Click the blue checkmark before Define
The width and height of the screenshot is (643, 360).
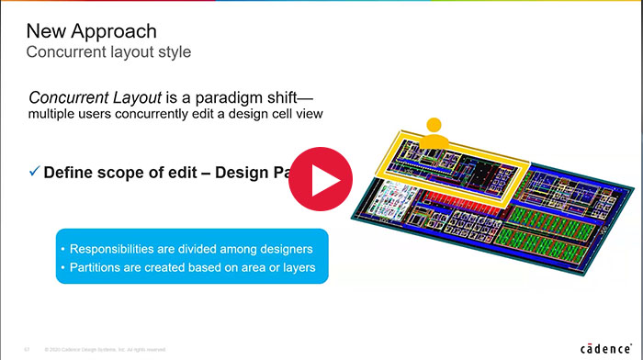point(34,171)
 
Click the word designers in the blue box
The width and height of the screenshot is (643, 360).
point(280,249)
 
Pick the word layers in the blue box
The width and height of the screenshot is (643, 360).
point(297,267)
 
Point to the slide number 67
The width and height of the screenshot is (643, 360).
point(26,350)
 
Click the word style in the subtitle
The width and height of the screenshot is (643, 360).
point(174,51)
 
